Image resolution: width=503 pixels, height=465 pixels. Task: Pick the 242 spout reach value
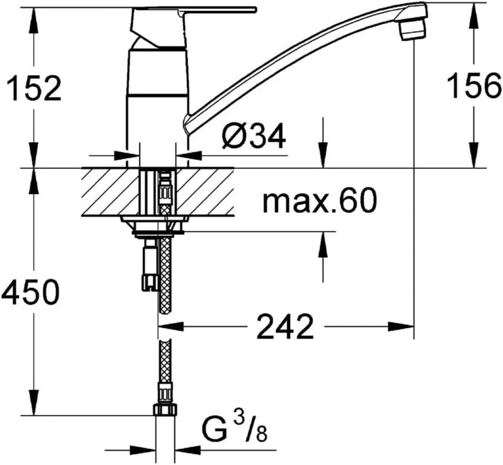point(285,327)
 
